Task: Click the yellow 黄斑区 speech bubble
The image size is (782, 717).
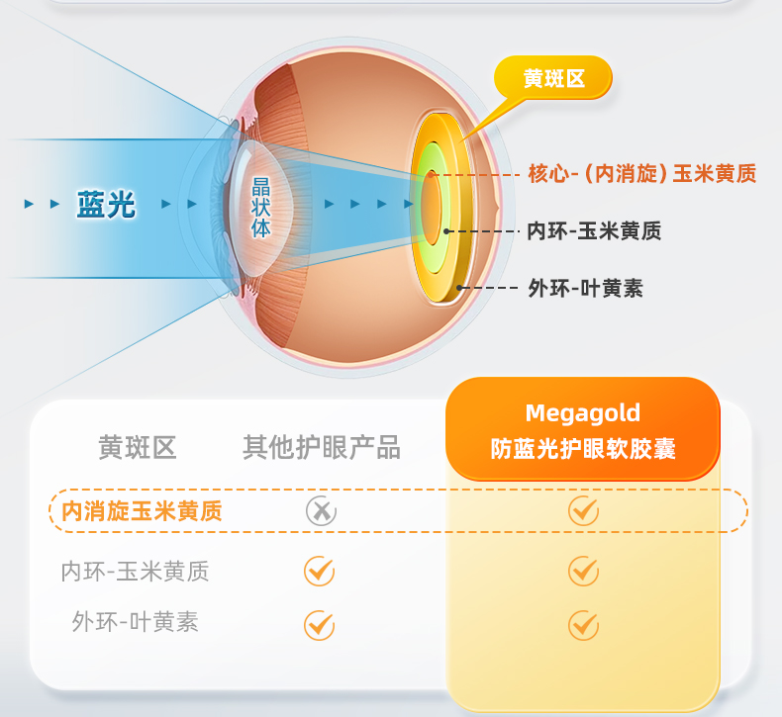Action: coord(553,78)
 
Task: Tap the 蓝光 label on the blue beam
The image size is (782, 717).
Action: coord(106,204)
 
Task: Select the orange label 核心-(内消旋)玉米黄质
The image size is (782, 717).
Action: coord(642,174)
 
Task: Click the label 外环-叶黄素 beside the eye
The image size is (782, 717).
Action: coord(586,288)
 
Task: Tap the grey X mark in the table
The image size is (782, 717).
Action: coord(320,510)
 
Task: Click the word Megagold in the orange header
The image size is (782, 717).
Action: coord(582,413)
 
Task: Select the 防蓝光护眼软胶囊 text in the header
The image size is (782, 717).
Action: coord(582,448)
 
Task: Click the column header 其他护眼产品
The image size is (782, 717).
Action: coord(322,448)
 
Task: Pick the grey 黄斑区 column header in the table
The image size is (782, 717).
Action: coord(138,448)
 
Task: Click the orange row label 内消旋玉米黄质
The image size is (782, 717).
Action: coord(142,511)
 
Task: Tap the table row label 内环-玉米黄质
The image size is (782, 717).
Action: coord(135,571)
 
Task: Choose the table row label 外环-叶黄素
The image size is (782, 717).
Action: coord(135,622)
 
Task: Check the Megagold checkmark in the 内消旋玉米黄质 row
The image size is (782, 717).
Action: coord(583,510)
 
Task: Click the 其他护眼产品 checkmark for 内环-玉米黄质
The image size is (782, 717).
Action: coord(319,571)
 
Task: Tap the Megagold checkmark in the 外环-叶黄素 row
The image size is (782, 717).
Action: coord(583,624)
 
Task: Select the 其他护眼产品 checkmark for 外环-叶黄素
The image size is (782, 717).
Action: coord(319,624)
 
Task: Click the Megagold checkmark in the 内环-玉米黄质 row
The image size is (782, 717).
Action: coord(583,571)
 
